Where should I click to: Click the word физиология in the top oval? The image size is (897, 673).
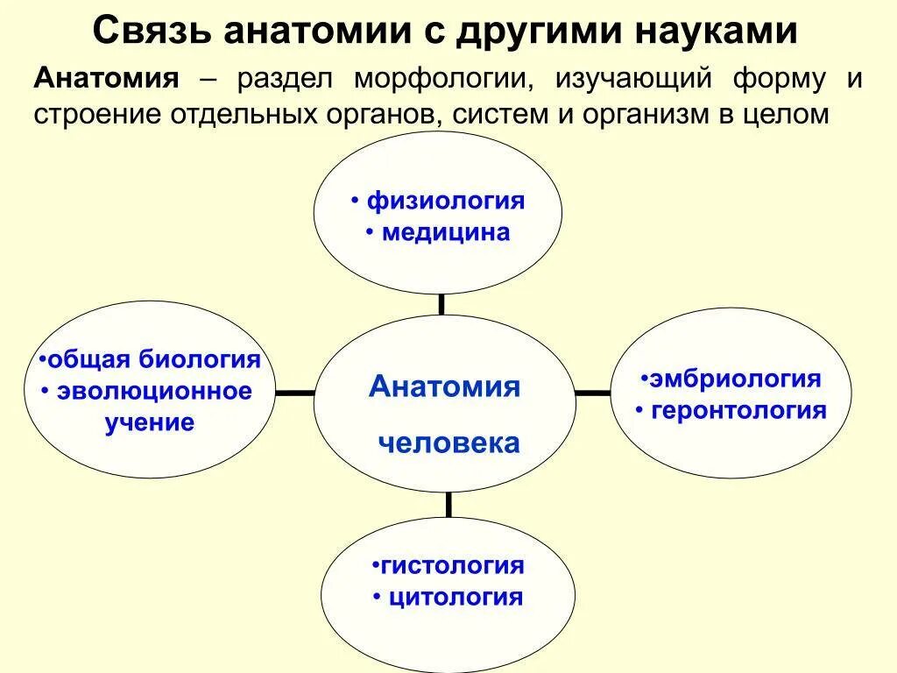click(x=445, y=202)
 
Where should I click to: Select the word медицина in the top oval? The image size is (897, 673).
click(x=445, y=233)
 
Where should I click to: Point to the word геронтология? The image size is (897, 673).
click(x=738, y=410)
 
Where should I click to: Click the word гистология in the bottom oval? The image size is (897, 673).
click(x=452, y=565)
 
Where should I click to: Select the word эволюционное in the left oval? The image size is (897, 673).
click(x=154, y=391)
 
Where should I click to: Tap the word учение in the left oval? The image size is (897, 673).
click(x=150, y=423)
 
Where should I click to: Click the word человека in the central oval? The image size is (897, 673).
click(x=448, y=443)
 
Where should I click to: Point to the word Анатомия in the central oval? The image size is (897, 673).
click(x=444, y=386)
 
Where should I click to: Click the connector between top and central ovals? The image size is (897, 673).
click(x=441, y=304)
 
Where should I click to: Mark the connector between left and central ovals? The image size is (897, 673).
click(x=294, y=393)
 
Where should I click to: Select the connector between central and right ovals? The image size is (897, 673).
click(x=593, y=393)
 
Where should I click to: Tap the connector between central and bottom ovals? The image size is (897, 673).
click(x=448, y=504)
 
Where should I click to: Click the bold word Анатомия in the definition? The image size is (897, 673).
click(x=107, y=79)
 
